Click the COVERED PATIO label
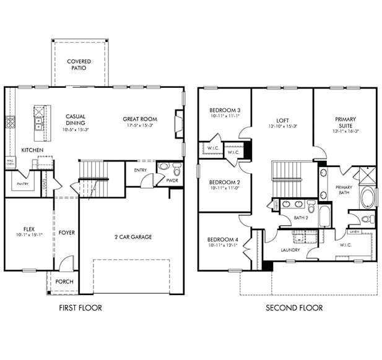pos(79,64)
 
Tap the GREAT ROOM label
pos(140,119)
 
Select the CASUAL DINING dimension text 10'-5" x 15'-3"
pos(76,130)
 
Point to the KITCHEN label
pos(32,150)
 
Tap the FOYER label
pos(67,233)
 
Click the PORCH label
pos(64,281)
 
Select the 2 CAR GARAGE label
pos(133,237)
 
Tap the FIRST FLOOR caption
pos(80,307)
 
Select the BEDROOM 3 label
pos(225,110)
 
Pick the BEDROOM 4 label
pos(222,239)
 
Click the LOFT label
pos(283,120)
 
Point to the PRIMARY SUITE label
pos(345,122)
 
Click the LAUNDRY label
pos(290,250)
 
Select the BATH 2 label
pos(301,218)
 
